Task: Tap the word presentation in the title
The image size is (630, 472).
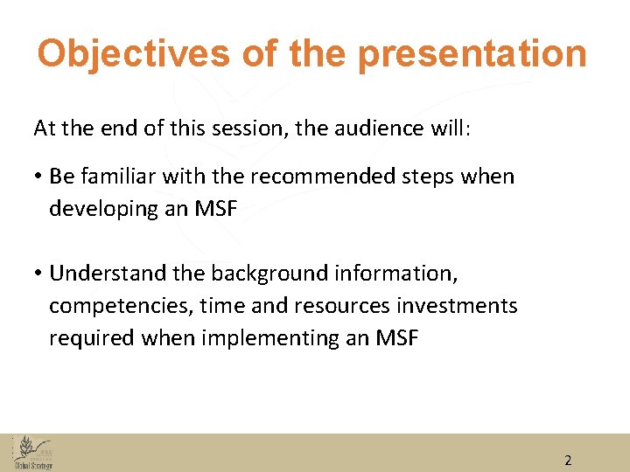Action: (472, 54)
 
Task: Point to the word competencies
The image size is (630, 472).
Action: (121, 306)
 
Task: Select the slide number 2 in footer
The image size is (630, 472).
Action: (568, 460)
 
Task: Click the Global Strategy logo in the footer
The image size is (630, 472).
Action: (34, 453)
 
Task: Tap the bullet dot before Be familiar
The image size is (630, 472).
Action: (38, 177)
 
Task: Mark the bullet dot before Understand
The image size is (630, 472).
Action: (38, 274)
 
